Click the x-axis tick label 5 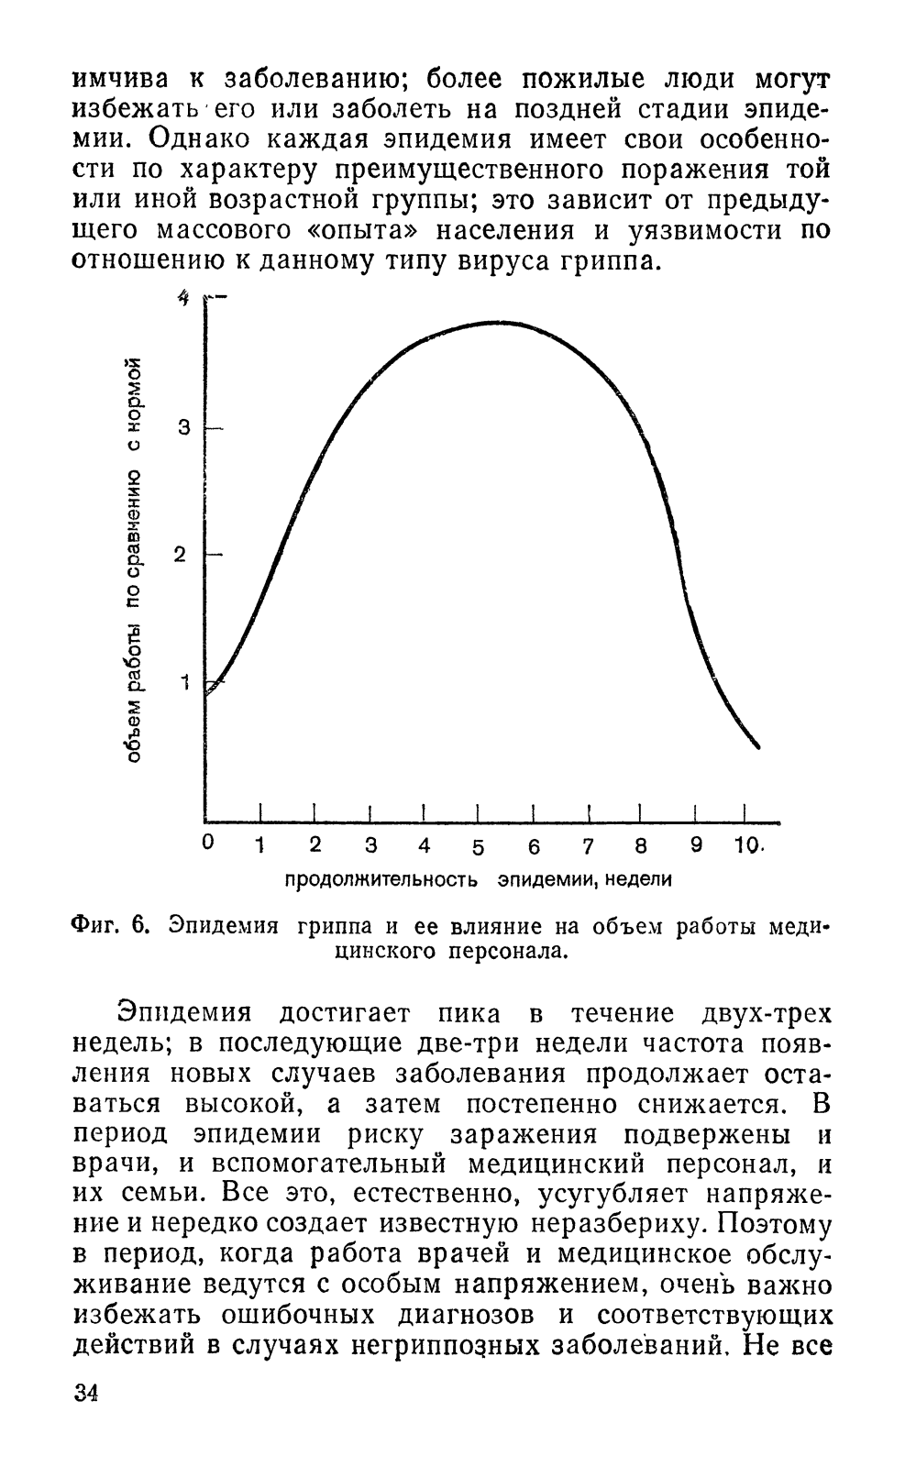point(478,849)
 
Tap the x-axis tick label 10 point(745,846)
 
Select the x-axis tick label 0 point(207,843)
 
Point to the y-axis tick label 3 point(183,430)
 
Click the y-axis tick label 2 point(180,556)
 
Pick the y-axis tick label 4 point(184,299)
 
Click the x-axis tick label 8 point(641,847)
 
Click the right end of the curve point(758,747)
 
